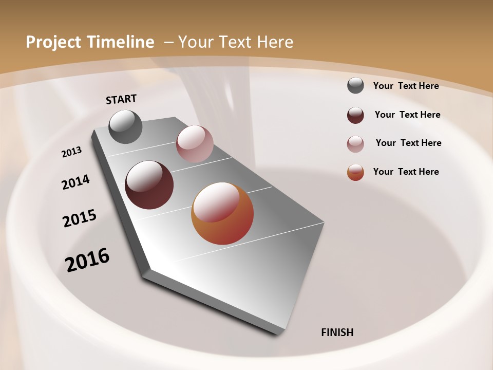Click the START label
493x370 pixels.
(121, 99)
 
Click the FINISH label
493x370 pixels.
(337, 332)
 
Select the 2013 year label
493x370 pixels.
(72, 152)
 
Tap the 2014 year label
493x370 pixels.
(75, 182)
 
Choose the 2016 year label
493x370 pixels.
(87, 260)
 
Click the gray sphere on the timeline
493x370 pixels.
(126, 126)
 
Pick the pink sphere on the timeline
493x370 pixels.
(195, 144)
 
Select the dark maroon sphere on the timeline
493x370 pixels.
(149, 185)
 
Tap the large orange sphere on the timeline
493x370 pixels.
(222, 213)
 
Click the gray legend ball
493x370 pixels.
(355, 85)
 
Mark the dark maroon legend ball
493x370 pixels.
(355, 115)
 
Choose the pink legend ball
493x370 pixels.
(355, 144)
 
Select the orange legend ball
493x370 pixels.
(355, 172)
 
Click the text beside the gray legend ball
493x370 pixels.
(406, 86)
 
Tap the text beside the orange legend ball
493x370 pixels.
(406, 172)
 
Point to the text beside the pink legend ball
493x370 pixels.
(408, 143)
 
